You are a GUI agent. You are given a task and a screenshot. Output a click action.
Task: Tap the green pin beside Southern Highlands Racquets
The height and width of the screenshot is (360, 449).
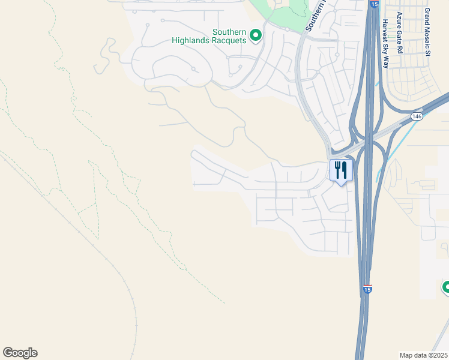pyautogui.click(x=256, y=36)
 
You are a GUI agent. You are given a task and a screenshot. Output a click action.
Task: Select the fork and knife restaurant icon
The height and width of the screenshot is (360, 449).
pyautogui.click(x=340, y=170)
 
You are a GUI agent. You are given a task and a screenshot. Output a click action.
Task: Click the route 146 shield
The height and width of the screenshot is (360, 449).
pyautogui.click(x=417, y=115)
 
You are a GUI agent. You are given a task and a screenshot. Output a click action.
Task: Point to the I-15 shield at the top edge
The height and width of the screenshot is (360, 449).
pyautogui.click(x=374, y=5)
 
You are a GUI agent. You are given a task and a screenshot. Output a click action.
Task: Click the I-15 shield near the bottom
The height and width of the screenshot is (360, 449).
pyautogui.click(x=367, y=290)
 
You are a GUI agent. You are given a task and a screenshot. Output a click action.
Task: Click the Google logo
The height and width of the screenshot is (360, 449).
pyautogui.click(x=20, y=353)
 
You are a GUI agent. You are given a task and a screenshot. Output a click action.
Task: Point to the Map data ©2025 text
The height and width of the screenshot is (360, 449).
pyautogui.click(x=424, y=355)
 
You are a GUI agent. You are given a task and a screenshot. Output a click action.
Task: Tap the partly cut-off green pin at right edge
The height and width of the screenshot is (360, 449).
pyautogui.click(x=445, y=287)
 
